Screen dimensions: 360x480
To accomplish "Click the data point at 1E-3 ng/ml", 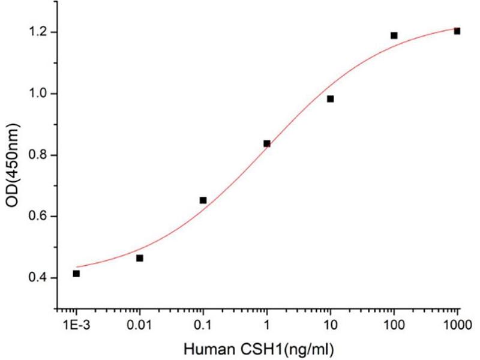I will coord(76,274).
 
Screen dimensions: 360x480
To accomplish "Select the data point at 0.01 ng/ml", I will coord(140,258).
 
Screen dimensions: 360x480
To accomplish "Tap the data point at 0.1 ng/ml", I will coord(203,200).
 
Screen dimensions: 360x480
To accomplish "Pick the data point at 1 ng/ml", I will coord(266,143).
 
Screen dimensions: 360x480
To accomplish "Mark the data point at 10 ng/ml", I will coord(330,99).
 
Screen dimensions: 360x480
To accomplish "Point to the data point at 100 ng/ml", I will coord(394,35).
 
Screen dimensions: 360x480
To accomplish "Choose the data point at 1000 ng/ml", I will coord(457,31).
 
